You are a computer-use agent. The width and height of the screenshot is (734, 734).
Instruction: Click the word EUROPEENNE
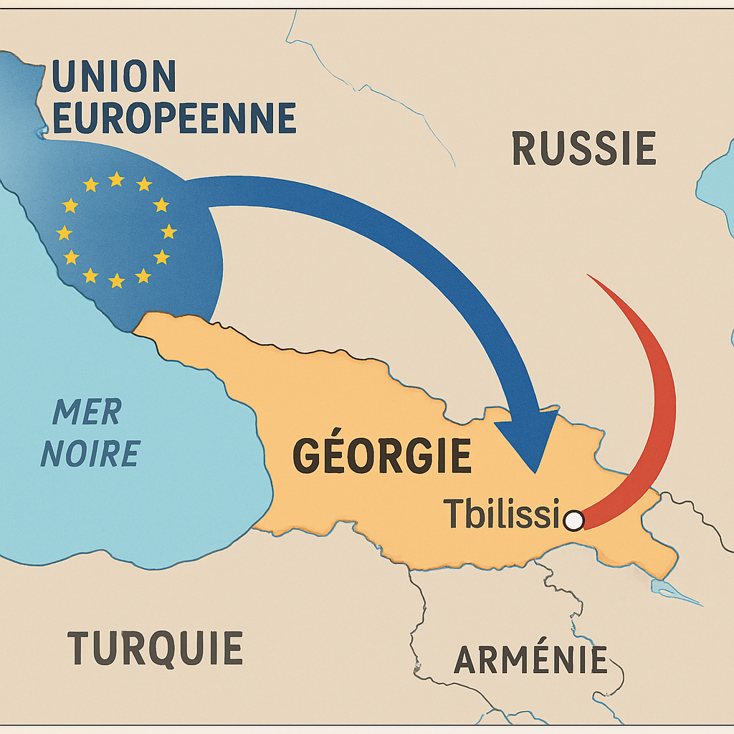[174, 118]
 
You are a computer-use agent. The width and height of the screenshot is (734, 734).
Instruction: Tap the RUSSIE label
[583, 149]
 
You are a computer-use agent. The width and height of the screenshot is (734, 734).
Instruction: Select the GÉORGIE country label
[382, 456]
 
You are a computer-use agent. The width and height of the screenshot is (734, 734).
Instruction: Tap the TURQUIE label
[155, 648]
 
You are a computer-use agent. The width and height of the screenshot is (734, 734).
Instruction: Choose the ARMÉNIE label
[530, 659]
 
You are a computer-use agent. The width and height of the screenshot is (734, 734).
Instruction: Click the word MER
[87, 412]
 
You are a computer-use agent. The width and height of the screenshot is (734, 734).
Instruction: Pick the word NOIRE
[90, 454]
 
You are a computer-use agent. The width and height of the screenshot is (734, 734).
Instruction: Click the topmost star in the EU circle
[116, 179]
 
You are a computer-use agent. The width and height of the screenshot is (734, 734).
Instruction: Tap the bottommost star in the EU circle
[116, 281]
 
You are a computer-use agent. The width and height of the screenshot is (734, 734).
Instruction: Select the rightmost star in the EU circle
[168, 231]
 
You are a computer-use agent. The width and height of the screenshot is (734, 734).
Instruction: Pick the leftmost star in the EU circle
[65, 232]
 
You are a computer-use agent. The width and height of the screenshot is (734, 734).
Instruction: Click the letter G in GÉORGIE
[306, 457]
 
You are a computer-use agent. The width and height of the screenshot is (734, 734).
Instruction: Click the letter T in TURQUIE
[80, 648]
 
